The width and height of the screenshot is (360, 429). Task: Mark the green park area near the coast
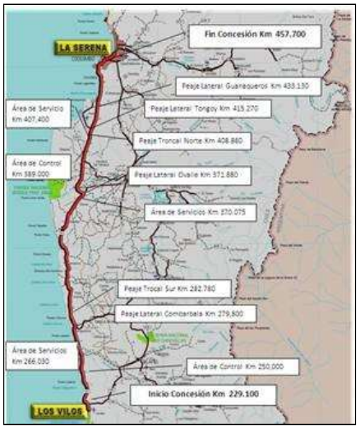point(58,190)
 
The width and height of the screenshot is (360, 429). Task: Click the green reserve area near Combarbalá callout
point(145,336)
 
